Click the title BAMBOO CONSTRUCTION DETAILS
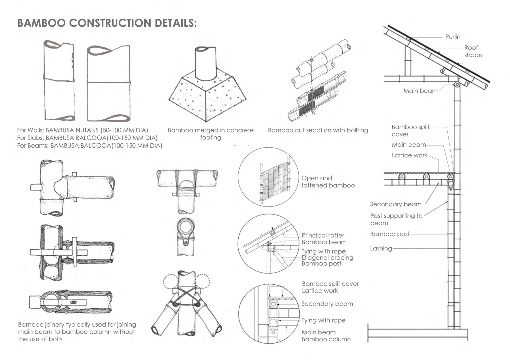[107, 23]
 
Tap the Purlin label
[453, 37]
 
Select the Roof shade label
[473, 51]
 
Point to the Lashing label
[381, 248]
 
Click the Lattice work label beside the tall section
[409, 155]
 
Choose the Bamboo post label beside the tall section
[390, 234]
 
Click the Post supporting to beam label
[396, 219]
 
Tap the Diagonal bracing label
[327, 257]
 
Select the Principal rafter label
[323, 235]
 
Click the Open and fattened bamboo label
[328, 182]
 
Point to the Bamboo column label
[326, 339]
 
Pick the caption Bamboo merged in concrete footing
[211, 133]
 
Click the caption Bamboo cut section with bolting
[318, 130]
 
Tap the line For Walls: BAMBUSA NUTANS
[83, 130]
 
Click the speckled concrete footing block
[207, 97]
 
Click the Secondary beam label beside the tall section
[395, 204]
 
